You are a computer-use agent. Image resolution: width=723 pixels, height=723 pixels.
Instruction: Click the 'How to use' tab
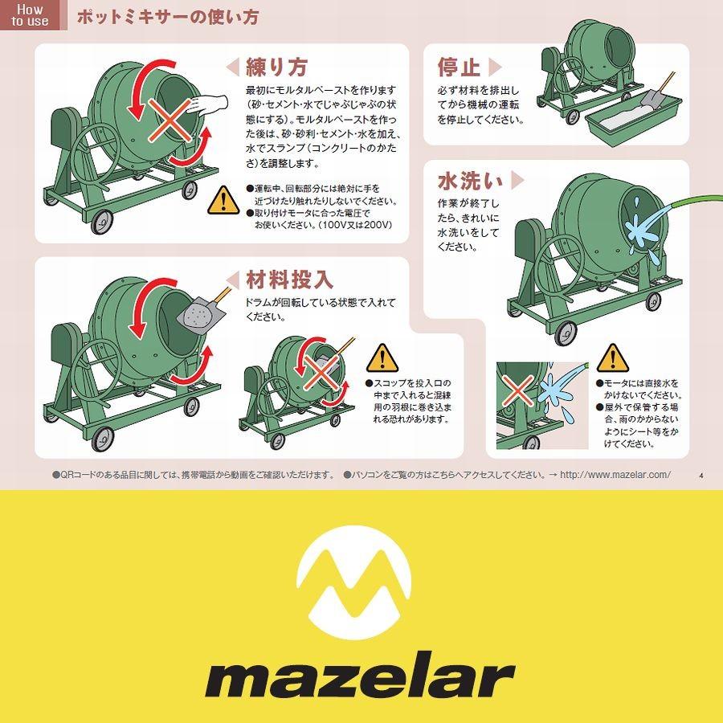[31, 16]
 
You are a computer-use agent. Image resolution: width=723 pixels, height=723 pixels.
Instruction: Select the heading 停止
[459, 66]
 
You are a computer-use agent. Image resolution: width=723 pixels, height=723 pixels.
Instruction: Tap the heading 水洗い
[471, 178]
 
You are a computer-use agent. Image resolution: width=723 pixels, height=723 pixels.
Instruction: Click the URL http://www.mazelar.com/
[615, 475]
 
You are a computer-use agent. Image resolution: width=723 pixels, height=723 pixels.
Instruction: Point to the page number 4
[701, 476]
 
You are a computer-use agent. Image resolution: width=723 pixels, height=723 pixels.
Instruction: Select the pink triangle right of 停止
[495, 66]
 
